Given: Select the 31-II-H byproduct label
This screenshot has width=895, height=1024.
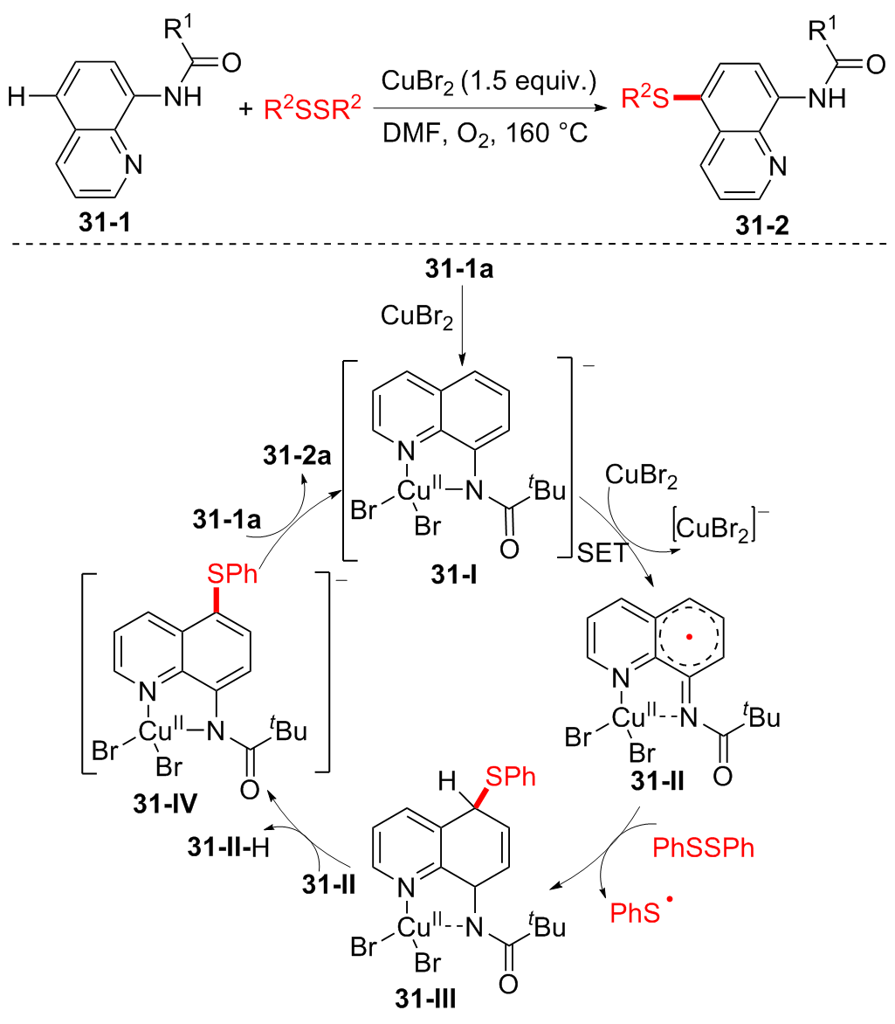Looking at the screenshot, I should tap(230, 847).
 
